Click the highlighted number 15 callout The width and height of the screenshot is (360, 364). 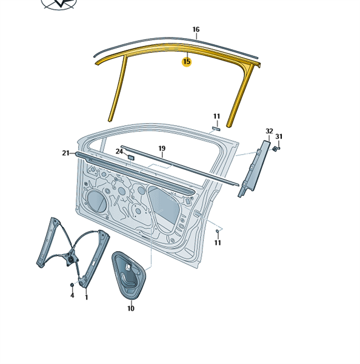pyautogui.click(x=187, y=62)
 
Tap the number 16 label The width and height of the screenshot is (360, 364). pyautogui.click(x=196, y=30)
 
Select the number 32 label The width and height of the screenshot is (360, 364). pyautogui.click(x=269, y=131)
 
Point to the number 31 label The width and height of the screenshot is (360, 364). pyautogui.click(x=279, y=136)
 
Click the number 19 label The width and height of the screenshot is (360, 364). pyautogui.click(x=162, y=149)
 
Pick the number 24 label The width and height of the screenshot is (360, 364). pyautogui.click(x=119, y=151)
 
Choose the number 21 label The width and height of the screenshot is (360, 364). pyautogui.click(x=65, y=153)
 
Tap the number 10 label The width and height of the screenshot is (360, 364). pyautogui.click(x=131, y=308)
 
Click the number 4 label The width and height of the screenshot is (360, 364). pyautogui.click(x=72, y=295)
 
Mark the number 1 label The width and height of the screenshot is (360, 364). pyautogui.click(x=87, y=297)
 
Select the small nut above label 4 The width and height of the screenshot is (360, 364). pyautogui.click(x=72, y=285)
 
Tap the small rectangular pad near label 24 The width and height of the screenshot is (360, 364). pyautogui.click(x=131, y=157)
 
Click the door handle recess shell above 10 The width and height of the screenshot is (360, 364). pyautogui.click(x=128, y=275)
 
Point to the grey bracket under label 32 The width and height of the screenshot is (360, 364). pyautogui.click(x=254, y=168)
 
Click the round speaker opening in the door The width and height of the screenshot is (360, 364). pyautogui.click(x=96, y=201)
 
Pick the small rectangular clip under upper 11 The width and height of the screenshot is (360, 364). pyautogui.click(x=216, y=129)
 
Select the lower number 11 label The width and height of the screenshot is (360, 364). pyautogui.click(x=218, y=243)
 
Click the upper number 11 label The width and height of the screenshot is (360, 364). pyautogui.click(x=216, y=116)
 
